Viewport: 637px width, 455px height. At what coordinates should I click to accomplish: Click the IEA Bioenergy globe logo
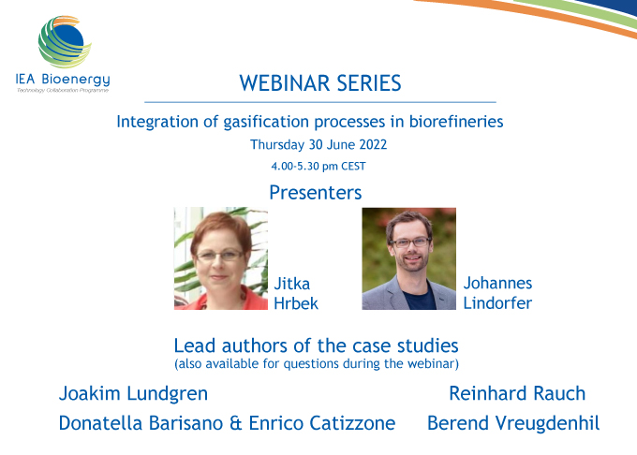[65, 42]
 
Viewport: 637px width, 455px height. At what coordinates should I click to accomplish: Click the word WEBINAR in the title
[285, 83]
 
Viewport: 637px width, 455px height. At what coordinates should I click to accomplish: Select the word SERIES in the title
[369, 83]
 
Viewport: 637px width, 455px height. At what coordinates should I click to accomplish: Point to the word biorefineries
[456, 122]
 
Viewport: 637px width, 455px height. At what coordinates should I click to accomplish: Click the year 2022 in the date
[373, 144]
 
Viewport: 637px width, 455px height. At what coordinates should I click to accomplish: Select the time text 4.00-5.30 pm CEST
[318, 166]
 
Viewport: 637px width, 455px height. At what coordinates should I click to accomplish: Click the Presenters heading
[316, 192]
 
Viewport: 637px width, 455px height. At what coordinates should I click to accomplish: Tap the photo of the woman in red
[221, 258]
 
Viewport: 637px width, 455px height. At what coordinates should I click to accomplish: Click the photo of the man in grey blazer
[408, 258]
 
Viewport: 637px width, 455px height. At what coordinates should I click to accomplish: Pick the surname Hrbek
[296, 303]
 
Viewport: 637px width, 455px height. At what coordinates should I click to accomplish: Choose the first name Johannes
[497, 284]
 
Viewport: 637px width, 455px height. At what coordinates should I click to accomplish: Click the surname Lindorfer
[497, 303]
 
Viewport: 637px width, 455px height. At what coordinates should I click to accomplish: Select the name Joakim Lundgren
[133, 394]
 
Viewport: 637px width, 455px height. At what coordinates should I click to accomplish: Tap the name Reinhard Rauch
[517, 394]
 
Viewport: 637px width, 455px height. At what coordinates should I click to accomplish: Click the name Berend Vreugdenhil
[513, 423]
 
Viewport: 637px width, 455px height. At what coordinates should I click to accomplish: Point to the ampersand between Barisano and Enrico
[236, 423]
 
